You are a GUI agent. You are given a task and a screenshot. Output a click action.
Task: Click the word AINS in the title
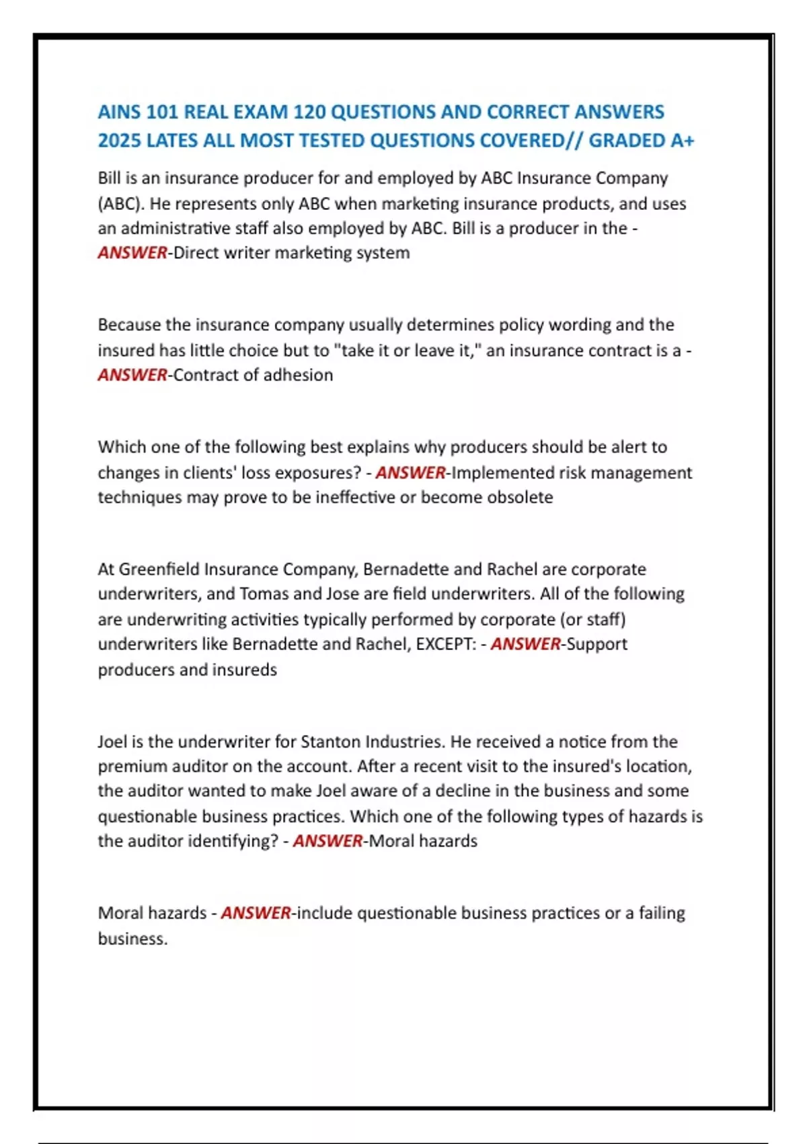pos(119,112)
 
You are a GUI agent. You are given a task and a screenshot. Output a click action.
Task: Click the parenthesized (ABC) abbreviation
pos(121,204)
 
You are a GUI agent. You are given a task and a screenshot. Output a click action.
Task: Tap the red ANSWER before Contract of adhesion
pos(132,375)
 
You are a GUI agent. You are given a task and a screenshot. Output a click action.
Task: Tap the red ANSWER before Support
pos(525,644)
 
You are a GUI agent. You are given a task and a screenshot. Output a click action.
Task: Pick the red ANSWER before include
pos(256,913)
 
